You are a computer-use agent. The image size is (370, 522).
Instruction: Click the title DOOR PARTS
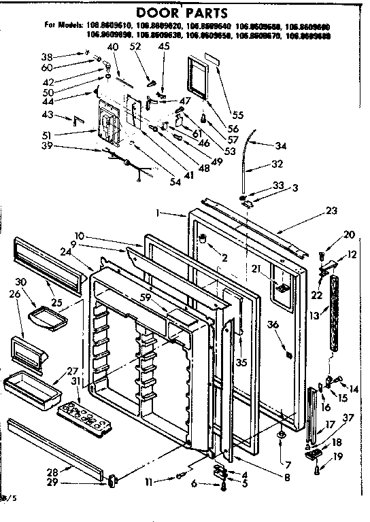tap(185, 12)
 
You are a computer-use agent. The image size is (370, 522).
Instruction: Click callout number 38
tap(65, 56)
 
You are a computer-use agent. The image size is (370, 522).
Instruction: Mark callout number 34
tap(281, 145)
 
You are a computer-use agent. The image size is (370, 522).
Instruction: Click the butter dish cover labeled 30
tap(44, 315)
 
